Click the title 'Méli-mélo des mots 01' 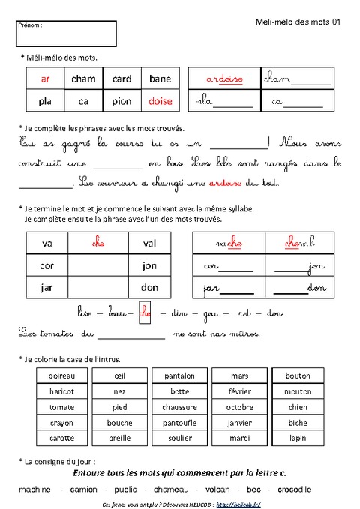(x=298, y=23)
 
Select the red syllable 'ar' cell (x=45, y=79)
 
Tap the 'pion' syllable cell (x=121, y=101)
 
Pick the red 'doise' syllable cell (x=160, y=101)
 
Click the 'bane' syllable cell (x=160, y=79)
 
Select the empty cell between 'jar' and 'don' (x=97, y=288)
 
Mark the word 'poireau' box (x=61, y=375)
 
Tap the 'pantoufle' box (x=180, y=423)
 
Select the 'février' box (x=239, y=391)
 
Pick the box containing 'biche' (x=298, y=423)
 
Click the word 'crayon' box (x=61, y=423)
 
